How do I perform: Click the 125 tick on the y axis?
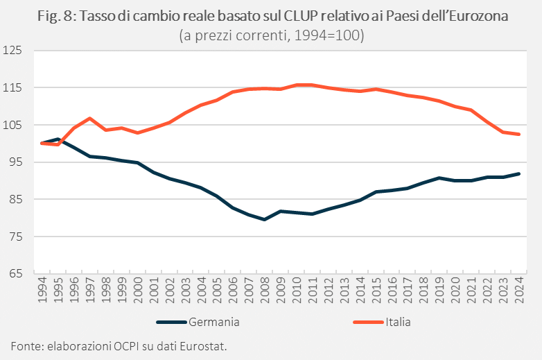tap(13, 51)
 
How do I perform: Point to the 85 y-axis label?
tap(16, 200)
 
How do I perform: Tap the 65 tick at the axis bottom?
tap(16, 274)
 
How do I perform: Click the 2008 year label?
tap(264, 293)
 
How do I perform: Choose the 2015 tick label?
tap(376, 293)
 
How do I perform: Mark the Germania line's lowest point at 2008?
tap(264, 219)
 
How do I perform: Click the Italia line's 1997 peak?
tap(89, 118)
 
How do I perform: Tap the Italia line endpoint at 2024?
tap(518, 135)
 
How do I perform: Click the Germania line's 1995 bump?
tap(58, 139)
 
